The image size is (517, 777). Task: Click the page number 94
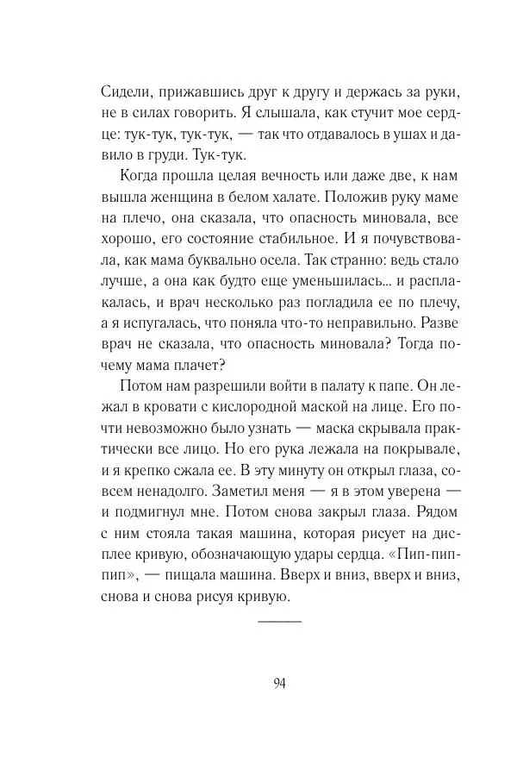click(280, 684)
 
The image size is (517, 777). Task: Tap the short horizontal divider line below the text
click(280, 621)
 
